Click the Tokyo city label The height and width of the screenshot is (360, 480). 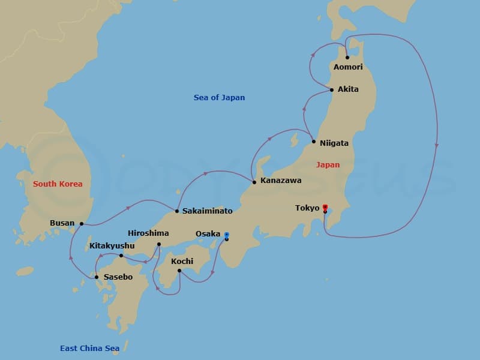[307, 208]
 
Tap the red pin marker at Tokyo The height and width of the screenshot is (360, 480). [325, 207]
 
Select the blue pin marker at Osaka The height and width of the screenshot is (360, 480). [226, 235]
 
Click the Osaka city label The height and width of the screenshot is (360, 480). [208, 234]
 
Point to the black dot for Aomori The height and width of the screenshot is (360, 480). [347, 58]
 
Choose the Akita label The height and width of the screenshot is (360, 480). [348, 89]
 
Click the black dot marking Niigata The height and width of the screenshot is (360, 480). [313, 142]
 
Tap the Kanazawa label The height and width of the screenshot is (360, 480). [281, 180]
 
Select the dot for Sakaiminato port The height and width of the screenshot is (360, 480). [176, 211]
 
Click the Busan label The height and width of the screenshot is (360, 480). [62, 223]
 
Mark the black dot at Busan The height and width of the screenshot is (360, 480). [81, 223]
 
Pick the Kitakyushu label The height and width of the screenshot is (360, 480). [112, 245]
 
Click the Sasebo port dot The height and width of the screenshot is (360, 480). [96, 277]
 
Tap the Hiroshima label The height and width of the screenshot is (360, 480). [148, 233]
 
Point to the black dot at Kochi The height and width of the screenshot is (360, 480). [179, 271]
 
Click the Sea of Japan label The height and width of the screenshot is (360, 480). [219, 97]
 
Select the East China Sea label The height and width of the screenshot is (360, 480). [89, 348]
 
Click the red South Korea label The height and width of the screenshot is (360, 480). [58, 184]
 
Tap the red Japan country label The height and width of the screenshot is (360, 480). [328, 164]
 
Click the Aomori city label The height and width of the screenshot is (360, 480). [348, 67]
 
